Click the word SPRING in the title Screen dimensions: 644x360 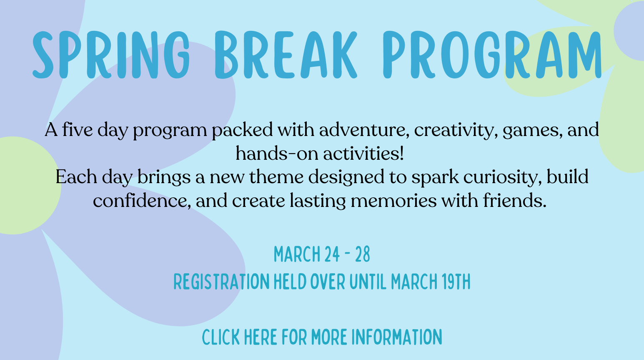click(111, 55)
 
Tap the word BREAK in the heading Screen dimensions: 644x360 click(286, 55)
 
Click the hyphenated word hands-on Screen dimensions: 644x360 click(277, 154)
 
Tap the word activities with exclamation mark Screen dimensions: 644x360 click(364, 154)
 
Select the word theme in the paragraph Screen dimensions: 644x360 click(276, 177)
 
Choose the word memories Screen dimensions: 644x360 click(393, 201)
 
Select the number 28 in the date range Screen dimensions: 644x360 click(363, 254)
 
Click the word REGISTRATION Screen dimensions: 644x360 click(221, 282)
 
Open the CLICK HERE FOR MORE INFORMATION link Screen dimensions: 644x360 click(322, 337)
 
